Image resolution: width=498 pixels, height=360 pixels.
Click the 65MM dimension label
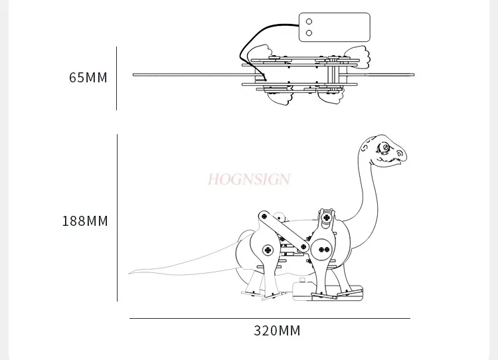point(88,78)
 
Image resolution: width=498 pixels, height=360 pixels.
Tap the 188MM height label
point(85,221)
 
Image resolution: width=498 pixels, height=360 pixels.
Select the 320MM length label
point(277,331)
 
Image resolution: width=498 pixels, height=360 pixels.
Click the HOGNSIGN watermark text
point(249,179)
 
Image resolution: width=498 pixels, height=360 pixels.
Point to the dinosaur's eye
point(384,147)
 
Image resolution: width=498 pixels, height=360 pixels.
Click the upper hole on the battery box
point(309,22)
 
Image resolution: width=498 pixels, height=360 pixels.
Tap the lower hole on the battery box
point(309,33)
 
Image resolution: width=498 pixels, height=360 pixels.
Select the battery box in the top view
point(335,27)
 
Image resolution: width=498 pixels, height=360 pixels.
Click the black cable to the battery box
point(254,41)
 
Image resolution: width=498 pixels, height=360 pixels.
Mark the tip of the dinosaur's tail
point(129,273)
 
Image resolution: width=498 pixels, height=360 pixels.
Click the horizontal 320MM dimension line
point(270,318)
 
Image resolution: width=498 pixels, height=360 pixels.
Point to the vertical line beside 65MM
point(117,78)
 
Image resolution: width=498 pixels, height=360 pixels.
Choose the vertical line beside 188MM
point(117,218)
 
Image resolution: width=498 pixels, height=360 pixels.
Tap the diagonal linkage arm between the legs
point(284,231)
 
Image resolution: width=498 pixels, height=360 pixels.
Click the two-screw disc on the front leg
point(323,250)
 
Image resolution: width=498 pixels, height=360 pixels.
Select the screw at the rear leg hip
point(268,250)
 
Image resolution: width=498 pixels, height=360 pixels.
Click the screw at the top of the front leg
point(327,217)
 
